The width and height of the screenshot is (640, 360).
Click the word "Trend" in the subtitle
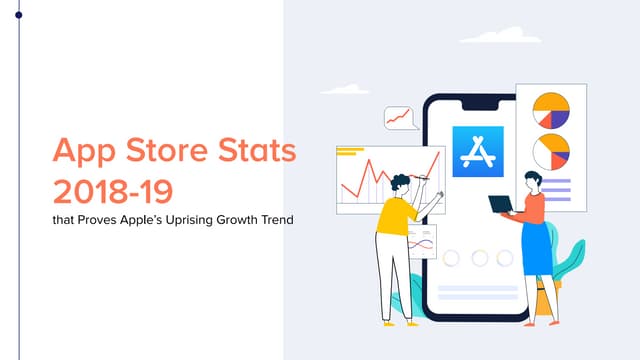276,219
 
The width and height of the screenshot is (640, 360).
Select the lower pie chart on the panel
550,151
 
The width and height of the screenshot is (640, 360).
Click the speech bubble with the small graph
400,119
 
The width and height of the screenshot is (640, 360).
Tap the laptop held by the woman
500,205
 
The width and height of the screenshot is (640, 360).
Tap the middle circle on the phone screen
479,258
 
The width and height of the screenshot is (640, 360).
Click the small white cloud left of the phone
345,88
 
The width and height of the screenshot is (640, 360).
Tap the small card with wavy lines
423,241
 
